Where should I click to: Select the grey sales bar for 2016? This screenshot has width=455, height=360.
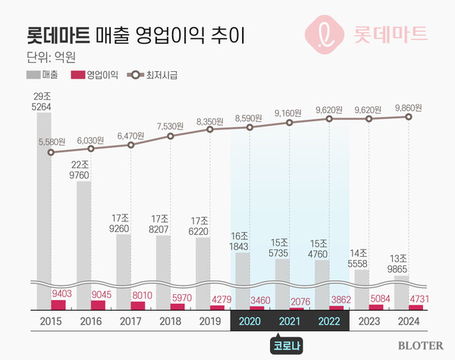click(x=90, y=235)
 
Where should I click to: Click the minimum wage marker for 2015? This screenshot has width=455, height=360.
click(x=51, y=152)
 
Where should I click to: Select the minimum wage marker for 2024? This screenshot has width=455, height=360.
click(x=410, y=117)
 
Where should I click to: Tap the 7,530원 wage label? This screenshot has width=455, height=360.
click(x=171, y=126)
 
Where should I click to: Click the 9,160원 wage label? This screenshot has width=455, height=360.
click(x=289, y=114)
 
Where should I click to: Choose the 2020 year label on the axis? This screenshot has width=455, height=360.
click(x=249, y=321)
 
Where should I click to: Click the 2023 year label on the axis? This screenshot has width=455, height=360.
click(x=369, y=321)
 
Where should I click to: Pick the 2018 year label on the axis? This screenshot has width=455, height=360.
click(x=171, y=321)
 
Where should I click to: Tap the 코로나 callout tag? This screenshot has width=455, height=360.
click(x=289, y=345)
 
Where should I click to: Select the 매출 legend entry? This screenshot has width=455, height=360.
click(x=45, y=75)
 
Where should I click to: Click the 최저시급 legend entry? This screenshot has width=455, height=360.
click(x=155, y=75)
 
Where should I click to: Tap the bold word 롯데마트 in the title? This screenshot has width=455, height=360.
click(x=58, y=34)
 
